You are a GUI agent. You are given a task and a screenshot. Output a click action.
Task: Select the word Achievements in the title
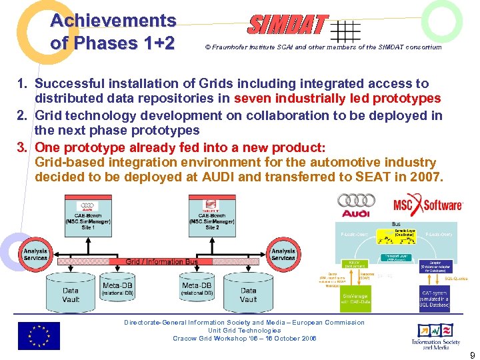tap(113, 21)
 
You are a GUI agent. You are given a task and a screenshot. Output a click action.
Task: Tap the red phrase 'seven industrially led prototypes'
tap(337, 99)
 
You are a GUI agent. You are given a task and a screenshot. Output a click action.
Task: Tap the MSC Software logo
tap(427, 205)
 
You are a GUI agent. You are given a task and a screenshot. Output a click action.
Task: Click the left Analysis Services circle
tap(35, 254)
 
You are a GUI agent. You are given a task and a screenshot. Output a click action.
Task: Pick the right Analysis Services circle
tap(283, 254)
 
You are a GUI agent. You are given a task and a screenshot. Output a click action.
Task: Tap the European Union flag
tap(38, 335)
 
